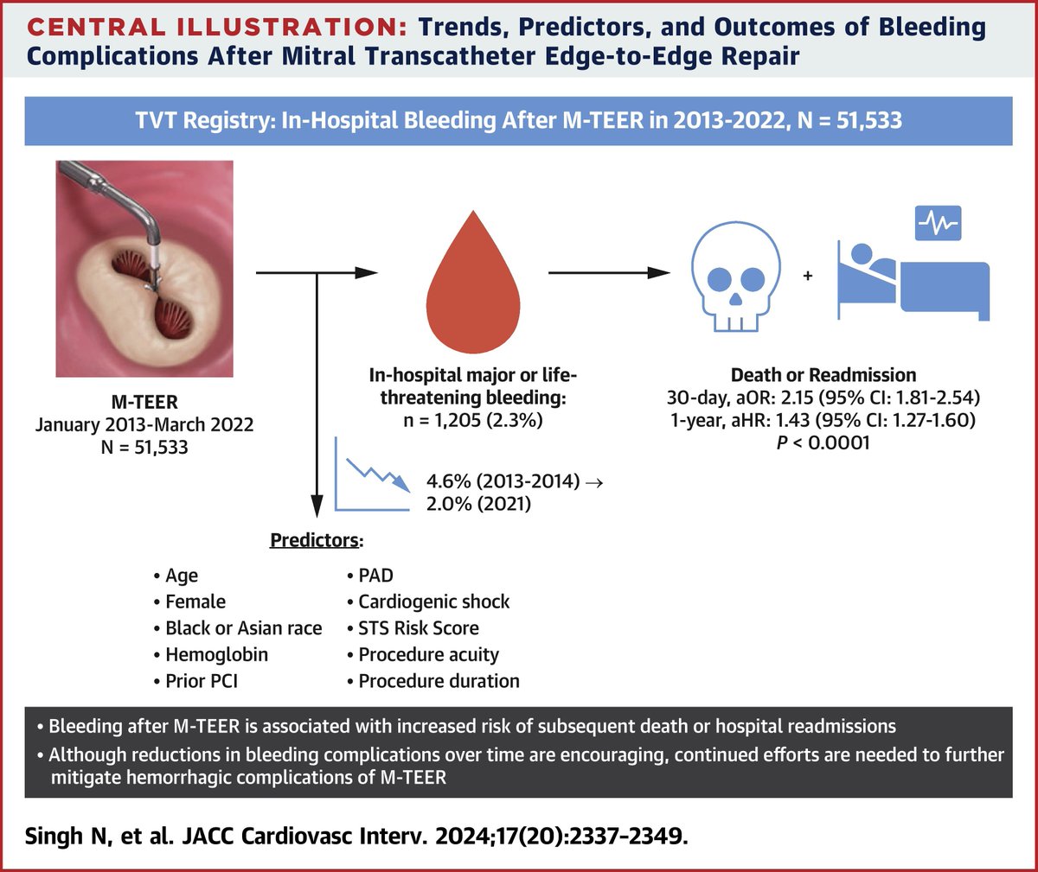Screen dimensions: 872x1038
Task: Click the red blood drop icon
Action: [x=472, y=277]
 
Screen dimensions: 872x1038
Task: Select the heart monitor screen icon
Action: [x=938, y=222]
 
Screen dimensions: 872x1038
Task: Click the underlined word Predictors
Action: [x=314, y=540]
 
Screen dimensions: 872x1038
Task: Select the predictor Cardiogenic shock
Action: [x=433, y=601]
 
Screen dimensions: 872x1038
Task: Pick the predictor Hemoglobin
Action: [x=216, y=654]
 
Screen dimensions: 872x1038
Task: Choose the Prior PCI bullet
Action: [x=201, y=681]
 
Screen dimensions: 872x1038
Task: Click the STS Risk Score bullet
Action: [x=418, y=628]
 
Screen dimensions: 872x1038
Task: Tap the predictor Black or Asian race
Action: [x=243, y=628]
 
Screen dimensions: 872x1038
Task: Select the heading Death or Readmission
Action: [x=823, y=375]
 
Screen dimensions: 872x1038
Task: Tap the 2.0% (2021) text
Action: [x=477, y=502]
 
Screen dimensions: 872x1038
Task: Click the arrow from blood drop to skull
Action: [x=609, y=273]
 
